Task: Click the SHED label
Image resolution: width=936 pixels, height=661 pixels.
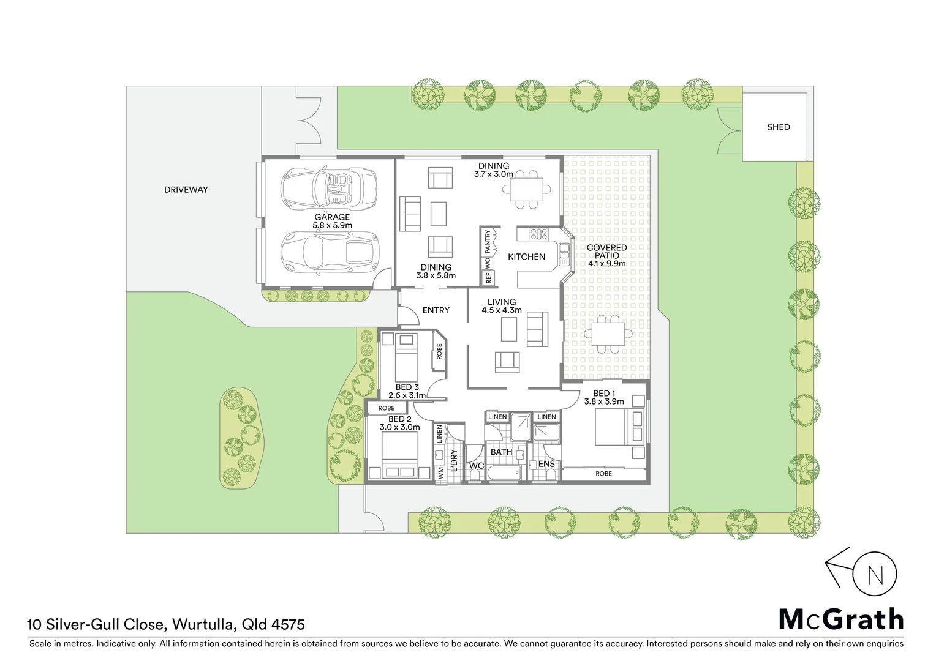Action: click(778, 127)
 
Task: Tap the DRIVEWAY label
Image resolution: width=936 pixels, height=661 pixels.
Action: click(186, 190)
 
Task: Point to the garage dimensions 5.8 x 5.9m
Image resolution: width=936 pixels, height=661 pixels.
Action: click(332, 225)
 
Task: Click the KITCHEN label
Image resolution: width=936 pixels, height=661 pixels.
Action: click(526, 257)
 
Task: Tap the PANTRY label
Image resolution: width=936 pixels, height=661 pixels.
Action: click(488, 242)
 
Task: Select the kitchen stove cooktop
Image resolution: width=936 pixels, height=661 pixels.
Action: click(538, 233)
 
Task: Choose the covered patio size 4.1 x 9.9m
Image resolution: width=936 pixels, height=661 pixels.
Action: click(606, 264)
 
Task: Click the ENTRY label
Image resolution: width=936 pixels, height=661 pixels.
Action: click(436, 310)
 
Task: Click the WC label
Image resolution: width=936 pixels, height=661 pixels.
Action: click(476, 466)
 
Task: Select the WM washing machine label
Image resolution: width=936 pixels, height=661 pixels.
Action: click(440, 473)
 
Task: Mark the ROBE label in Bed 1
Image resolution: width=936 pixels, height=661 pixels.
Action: click(603, 474)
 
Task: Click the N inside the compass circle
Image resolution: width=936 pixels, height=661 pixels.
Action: click(875, 575)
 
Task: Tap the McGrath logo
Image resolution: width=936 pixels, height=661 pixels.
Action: click(840, 619)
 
